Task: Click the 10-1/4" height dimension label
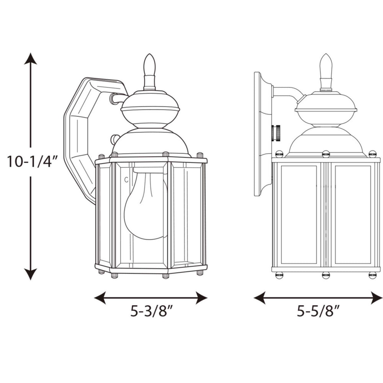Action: pyautogui.click(x=32, y=162)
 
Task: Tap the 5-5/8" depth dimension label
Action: pyautogui.click(x=319, y=311)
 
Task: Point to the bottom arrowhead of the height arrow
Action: pyautogui.click(x=31, y=274)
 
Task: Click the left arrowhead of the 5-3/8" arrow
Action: pyautogui.click(x=100, y=297)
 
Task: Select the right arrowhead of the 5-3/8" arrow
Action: pyautogui.click(x=201, y=297)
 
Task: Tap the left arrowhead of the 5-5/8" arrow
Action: pyautogui.click(x=260, y=297)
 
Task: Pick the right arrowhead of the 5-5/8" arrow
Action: pyautogui.click(x=377, y=297)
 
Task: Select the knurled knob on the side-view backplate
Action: pyautogui.click(x=275, y=133)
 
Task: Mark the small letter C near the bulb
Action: pyautogui.click(x=126, y=179)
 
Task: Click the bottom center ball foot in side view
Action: pyautogui.click(x=326, y=275)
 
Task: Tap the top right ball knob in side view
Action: pyautogui.click(x=372, y=154)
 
